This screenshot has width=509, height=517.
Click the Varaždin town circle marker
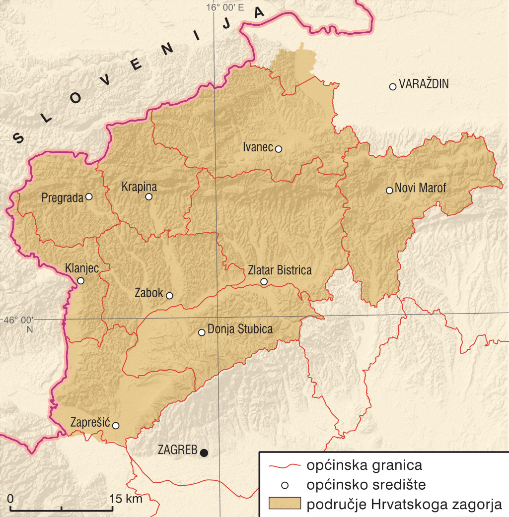pos(392,86)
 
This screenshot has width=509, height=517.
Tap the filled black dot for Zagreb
pos(204,452)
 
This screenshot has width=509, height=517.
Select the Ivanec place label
pos(258,147)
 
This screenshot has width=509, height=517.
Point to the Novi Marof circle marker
pos(390,190)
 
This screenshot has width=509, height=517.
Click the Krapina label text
pos(139,187)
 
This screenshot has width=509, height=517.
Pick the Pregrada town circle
pos(89,196)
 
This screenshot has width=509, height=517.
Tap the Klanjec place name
pos(82,268)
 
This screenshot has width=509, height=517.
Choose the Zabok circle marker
pos(169,296)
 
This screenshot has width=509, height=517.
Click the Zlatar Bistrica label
pos(280,270)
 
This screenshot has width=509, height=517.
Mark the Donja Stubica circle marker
pos(202,332)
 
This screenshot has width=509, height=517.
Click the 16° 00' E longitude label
pos(226,7)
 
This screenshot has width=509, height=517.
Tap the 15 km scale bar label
pos(126,498)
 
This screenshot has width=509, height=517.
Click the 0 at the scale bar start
pos(11,498)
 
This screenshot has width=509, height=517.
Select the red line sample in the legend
pos(285,466)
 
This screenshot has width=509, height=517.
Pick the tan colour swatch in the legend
pos(285,504)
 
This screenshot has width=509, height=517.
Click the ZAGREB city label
pos(177,451)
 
